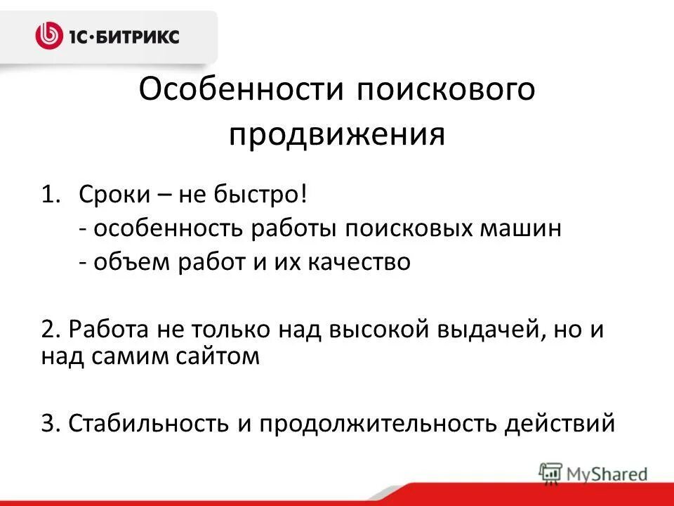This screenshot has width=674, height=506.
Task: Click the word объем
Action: coord(126,262)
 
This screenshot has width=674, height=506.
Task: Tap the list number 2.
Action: coord(48,330)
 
